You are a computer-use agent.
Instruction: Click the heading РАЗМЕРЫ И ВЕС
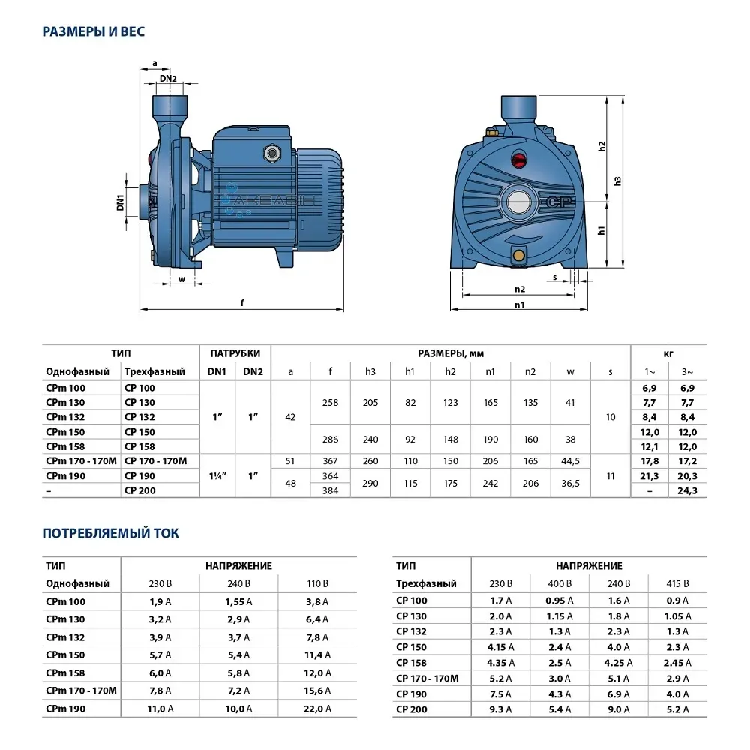[93, 31]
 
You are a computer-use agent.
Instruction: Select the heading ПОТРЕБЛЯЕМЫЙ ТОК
[110, 533]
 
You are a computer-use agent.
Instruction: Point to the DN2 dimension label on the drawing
[168, 79]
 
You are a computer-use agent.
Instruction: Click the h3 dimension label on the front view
[616, 181]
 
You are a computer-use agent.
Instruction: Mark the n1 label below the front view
[520, 304]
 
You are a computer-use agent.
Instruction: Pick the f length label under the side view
[241, 304]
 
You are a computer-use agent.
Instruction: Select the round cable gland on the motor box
[269, 154]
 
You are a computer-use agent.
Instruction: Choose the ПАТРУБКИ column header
[235, 353]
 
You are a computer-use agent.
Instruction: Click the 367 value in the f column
[330, 461]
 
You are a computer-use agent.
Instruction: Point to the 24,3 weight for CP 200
[687, 490]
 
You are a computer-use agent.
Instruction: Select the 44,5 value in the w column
[570, 461]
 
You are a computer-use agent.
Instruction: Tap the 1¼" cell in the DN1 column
[217, 475]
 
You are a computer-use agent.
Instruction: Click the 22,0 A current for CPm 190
[317, 709]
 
